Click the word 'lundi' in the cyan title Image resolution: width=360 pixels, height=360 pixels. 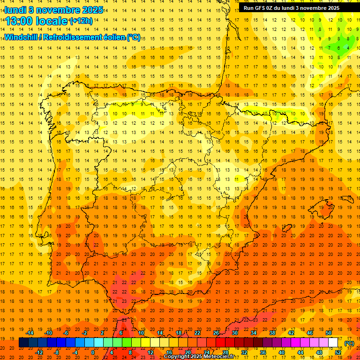pos(15,10)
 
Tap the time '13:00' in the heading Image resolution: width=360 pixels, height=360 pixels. pos(19,21)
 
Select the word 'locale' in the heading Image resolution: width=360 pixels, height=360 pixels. pos(52,21)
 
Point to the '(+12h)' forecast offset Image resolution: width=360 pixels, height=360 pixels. pos(81,21)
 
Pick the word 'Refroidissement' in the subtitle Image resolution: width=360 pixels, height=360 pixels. pos(75,37)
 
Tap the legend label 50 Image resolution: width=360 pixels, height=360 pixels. pos(329,333)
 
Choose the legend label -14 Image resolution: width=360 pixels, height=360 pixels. pos(30,333)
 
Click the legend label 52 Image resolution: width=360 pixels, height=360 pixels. pos(338,352)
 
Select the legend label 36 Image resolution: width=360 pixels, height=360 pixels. pos(263,352)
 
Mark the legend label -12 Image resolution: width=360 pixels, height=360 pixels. pos(39,352)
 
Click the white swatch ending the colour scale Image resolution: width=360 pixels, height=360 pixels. pos(333,343)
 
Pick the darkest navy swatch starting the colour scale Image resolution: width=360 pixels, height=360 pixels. pos(23,343)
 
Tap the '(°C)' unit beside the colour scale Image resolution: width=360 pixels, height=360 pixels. pos(349,343)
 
